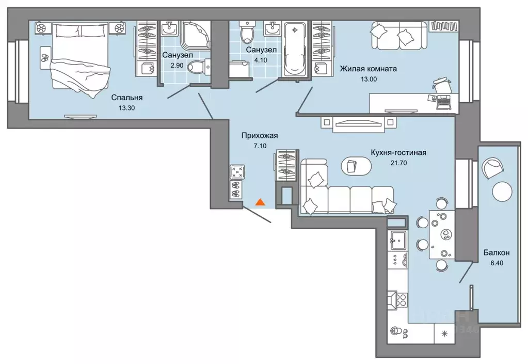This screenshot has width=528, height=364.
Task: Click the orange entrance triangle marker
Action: (x=260, y=202)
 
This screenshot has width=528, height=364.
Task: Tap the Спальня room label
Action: (x=127, y=98)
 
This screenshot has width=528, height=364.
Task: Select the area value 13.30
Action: (x=127, y=108)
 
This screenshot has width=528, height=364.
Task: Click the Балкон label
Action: (x=497, y=252)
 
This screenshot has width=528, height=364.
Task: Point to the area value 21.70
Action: (x=398, y=163)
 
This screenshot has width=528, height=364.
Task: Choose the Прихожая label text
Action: (x=260, y=135)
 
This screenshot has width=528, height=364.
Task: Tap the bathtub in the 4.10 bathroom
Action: (x=295, y=49)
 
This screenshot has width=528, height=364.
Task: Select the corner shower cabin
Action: (x=195, y=35)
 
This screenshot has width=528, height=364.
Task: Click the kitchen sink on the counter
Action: (x=398, y=240)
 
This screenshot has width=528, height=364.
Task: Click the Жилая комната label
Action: (x=368, y=69)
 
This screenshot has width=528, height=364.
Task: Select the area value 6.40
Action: (x=497, y=263)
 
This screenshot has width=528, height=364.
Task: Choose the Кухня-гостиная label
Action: (x=398, y=152)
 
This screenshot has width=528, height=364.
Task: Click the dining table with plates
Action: (x=442, y=234)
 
